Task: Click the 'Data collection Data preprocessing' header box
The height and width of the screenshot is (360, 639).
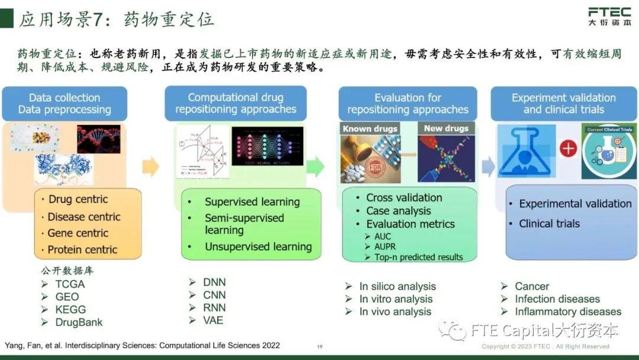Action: pyautogui.click(x=64, y=104)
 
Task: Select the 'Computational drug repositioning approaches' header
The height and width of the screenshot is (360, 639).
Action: pyautogui.click(x=235, y=104)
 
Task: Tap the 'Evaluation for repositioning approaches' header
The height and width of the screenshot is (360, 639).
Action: pyautogui.click(x=408, y=104)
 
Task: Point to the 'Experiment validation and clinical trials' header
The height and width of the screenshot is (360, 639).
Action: pyautogui.click(x=563, y=104)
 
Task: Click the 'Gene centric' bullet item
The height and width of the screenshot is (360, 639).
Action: pyautogui.click(x=78, y=233)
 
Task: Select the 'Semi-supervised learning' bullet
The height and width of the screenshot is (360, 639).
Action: pyautogui.click(x=244, y=224)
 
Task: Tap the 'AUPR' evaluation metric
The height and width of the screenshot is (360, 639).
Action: pyautogui.click(x=385, y=246)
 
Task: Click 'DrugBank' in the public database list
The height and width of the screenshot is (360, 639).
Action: pyautogui.click(x=79, y=323)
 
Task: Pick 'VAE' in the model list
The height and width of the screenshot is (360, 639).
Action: pyautogui.click(x=214, y=320)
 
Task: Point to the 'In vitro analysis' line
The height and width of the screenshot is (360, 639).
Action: pyautogui.click(x=396, y=299)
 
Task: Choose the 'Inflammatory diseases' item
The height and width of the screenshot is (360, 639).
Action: pyautogui.click(x=567, y=311)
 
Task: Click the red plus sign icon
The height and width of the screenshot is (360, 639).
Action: pyautogui.click(x=569, y=148)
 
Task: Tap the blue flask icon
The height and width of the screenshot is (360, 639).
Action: pyautogui.click(x=526, y=151)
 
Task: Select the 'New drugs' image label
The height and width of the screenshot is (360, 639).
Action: pyautogui.click(x=446, y=128)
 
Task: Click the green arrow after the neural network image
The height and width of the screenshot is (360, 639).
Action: pyautogui.click(x=315, y=166)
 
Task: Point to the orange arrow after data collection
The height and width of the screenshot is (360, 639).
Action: pyautogui.click(x=151, y=166)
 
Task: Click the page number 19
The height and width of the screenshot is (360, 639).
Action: pyautogui.click(x=319, y=347)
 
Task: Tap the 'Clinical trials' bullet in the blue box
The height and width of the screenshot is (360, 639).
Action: pyautogui.click(x=549, y=224)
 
